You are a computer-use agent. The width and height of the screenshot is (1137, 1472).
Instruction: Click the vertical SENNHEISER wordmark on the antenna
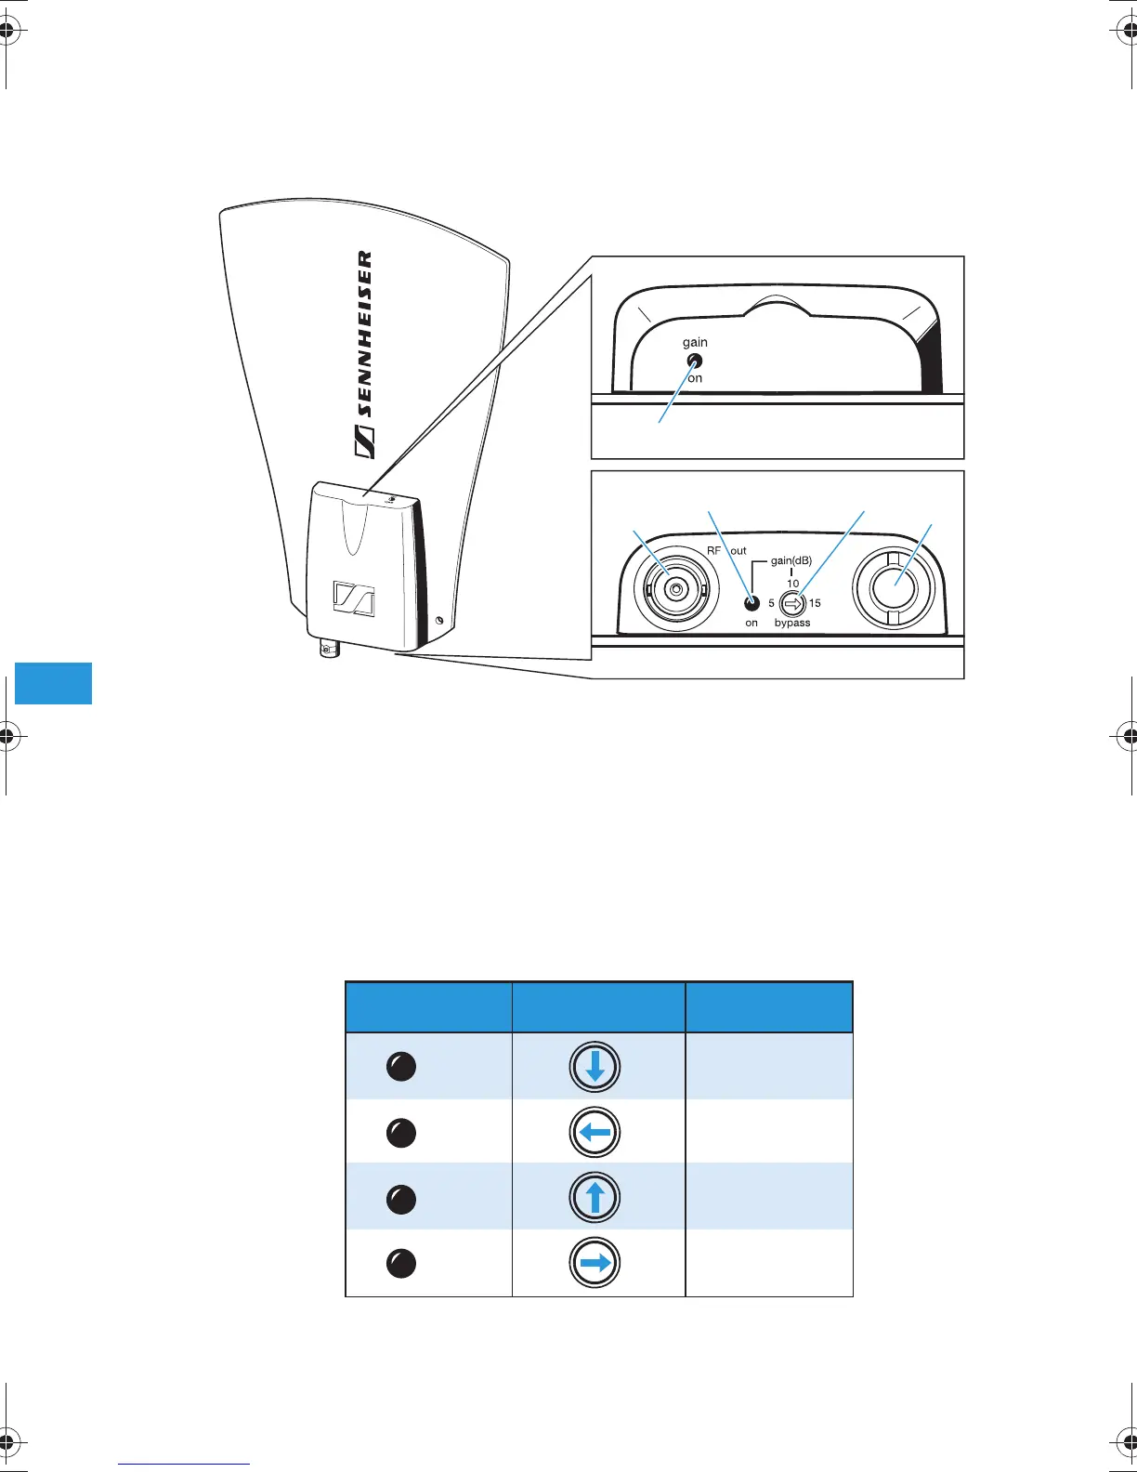coord(365,353)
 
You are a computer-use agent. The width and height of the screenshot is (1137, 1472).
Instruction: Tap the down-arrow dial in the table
coord(595,1067)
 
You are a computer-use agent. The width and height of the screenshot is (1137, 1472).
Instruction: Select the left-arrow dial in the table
coord(595,1133)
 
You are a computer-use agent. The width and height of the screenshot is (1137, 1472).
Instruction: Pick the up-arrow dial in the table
coord(595,1198)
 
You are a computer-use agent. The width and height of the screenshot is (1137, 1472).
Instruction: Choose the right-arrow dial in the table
coord(595,1263)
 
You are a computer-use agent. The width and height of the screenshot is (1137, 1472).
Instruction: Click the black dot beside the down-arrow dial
coord(400,1067)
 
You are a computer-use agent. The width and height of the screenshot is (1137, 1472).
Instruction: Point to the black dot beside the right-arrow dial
coord(400,1263)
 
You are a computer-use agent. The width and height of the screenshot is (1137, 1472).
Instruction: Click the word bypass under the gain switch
coord(792,623)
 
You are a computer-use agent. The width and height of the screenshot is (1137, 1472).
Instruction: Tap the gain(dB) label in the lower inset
coord(791,560)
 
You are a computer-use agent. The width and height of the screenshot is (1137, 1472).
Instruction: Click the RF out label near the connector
coord(726,551)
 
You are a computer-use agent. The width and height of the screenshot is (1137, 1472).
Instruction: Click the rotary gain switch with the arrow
coord(791,603)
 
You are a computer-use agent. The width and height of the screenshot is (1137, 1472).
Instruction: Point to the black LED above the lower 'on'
coord(752,603)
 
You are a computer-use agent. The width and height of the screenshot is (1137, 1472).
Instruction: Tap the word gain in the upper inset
coord(695,342)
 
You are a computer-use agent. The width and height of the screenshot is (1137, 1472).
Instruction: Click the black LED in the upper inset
coord(694,361)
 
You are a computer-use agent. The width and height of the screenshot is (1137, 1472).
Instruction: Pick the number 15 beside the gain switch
coord(815,603)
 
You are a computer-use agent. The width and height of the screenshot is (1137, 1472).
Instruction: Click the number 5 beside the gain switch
coord(771,603)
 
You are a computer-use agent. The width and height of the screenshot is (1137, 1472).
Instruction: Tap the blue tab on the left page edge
coord(53,683)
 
